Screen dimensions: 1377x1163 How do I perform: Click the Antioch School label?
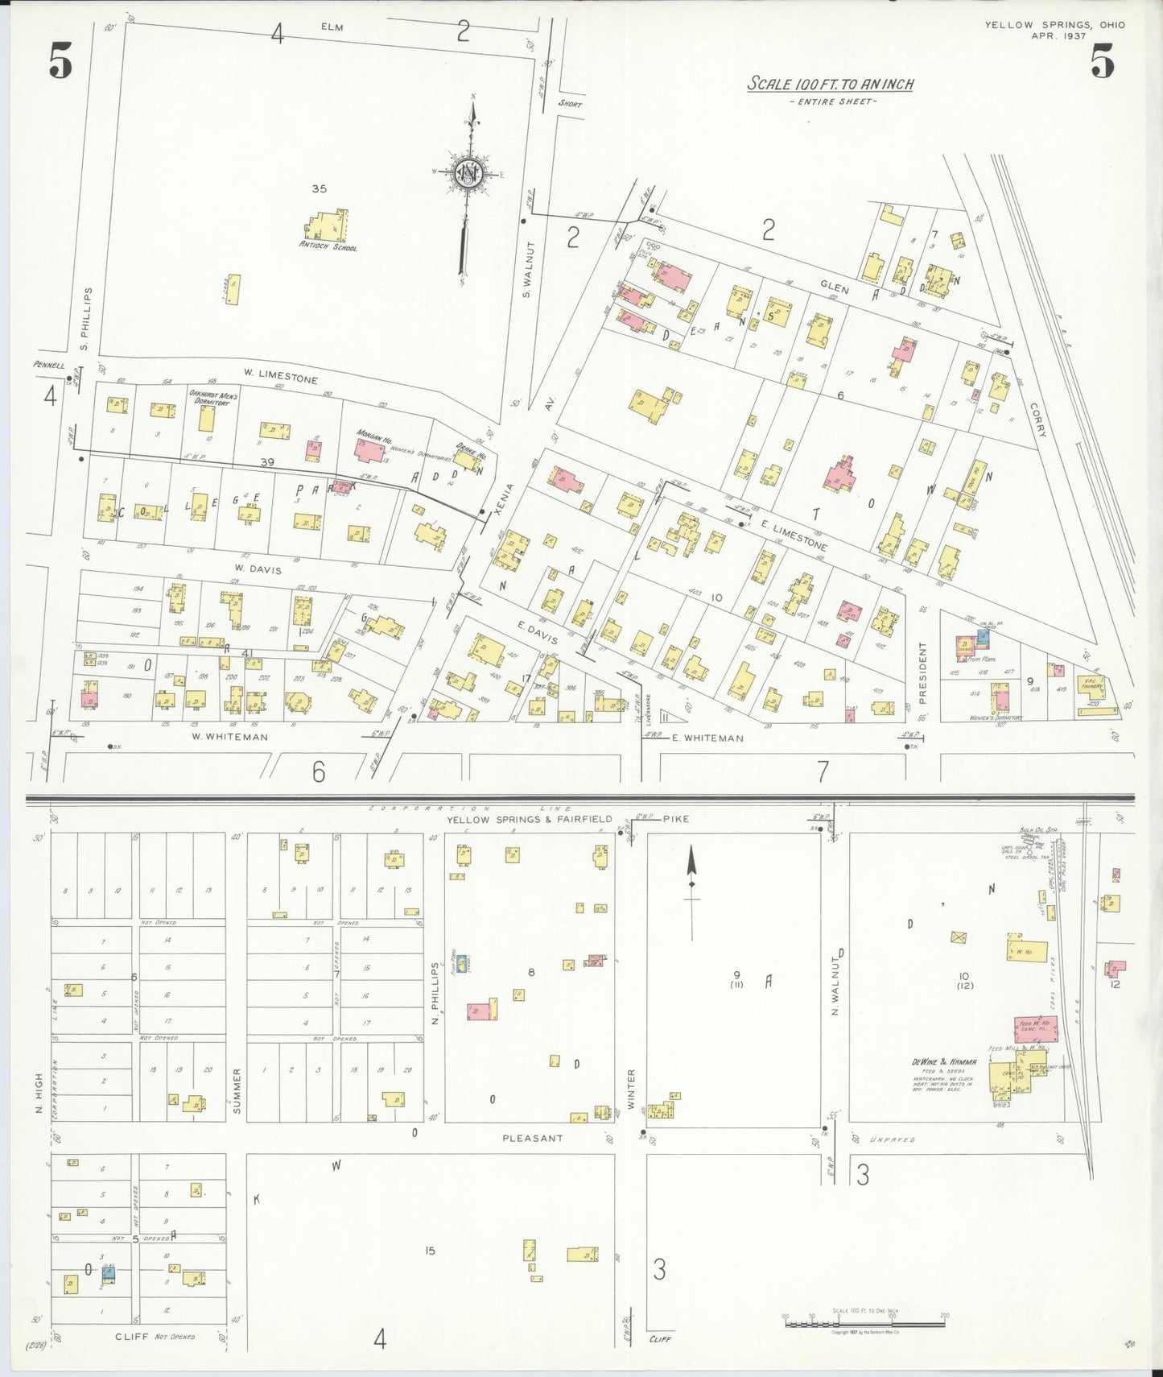click(328, 247)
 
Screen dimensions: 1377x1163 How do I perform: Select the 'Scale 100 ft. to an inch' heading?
click(831, 84)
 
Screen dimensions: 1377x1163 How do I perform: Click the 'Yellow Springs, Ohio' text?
click(1054, 25)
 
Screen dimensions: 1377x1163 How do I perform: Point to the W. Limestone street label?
click(281, 375)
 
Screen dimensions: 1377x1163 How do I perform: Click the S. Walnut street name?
click(528, 270)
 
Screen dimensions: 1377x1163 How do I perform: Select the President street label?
click(922, 670)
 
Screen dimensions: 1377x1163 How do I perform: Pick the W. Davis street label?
click(259, 569)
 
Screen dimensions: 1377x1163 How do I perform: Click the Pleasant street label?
click(533, 1138)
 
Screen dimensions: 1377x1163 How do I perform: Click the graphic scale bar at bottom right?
click(864, 1322)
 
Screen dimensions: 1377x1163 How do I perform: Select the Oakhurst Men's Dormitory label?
click(209, 398)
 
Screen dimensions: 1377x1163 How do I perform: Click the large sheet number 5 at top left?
click(60, 60)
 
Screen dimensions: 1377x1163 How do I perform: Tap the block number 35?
click(320, 189)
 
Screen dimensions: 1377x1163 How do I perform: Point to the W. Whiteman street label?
click(230, 736)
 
